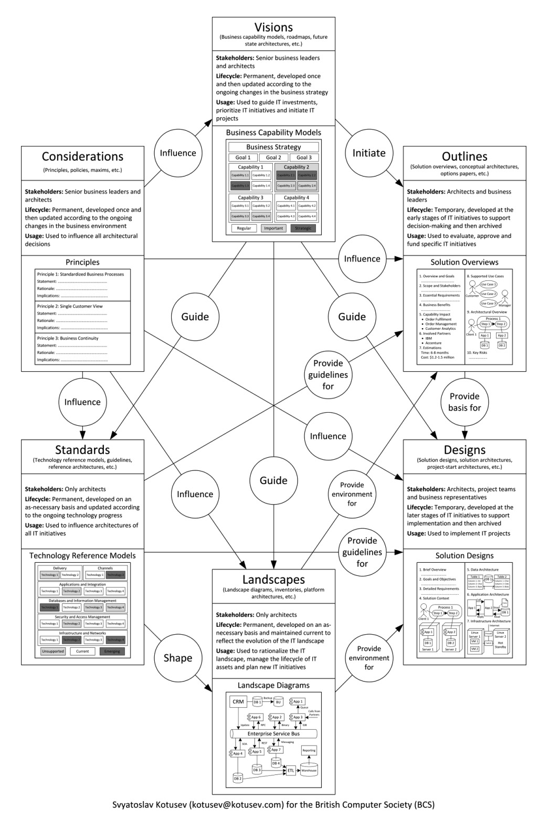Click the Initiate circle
tap(369, 153)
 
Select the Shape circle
tap(178, 658)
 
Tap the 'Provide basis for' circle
tap(464, 402)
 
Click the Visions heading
tap(273, 27)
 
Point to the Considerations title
tap(82, 156)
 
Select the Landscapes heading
tap(273, 580)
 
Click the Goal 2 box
tap(273, 157)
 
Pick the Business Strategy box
tap(273, 147)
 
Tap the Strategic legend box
tap(303, 228)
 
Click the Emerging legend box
tap(112, 652)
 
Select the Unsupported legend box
tap(53, 652)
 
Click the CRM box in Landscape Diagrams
tap(238, 701)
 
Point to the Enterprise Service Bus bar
tap(273, 733)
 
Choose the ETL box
tap(290, 770)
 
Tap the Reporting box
tap(309, 750)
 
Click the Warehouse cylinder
tap(309, 770)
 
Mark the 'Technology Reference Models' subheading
tap(82, 555)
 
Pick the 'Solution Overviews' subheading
tap(464, 262)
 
